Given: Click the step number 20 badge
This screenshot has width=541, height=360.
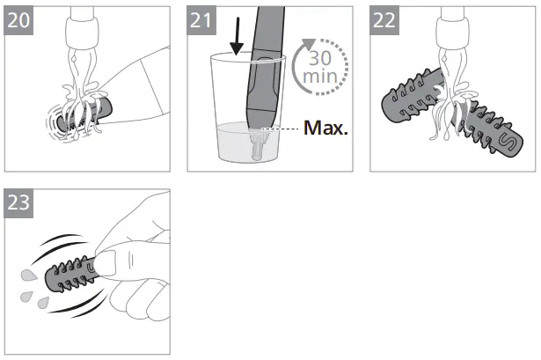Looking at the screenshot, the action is (18, 20).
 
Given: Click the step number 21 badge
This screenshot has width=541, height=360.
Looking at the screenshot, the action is (201, 20).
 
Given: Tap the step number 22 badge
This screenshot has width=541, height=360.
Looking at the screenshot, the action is (384, 20).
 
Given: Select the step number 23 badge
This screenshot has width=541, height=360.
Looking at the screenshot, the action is (18, 203).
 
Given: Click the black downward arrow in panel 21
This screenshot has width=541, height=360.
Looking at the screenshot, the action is (237, 36).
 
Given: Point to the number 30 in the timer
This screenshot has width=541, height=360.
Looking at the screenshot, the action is (320, 58).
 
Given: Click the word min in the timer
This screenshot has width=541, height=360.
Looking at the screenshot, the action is (320, 77).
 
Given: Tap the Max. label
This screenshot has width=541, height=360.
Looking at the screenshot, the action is (325, 128).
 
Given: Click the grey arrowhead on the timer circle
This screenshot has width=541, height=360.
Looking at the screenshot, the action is (308, 44).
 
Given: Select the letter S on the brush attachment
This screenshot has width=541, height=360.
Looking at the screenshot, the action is (507, 141).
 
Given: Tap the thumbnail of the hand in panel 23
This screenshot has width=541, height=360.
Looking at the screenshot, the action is (105, 262).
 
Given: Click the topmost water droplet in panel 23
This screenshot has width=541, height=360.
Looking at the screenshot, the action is (29, 276).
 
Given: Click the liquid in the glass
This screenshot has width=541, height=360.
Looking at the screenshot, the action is (249, 143).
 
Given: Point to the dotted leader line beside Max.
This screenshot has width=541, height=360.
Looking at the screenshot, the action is (280, 129).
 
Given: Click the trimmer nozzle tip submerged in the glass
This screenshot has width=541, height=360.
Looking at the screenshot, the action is (258, 145).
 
